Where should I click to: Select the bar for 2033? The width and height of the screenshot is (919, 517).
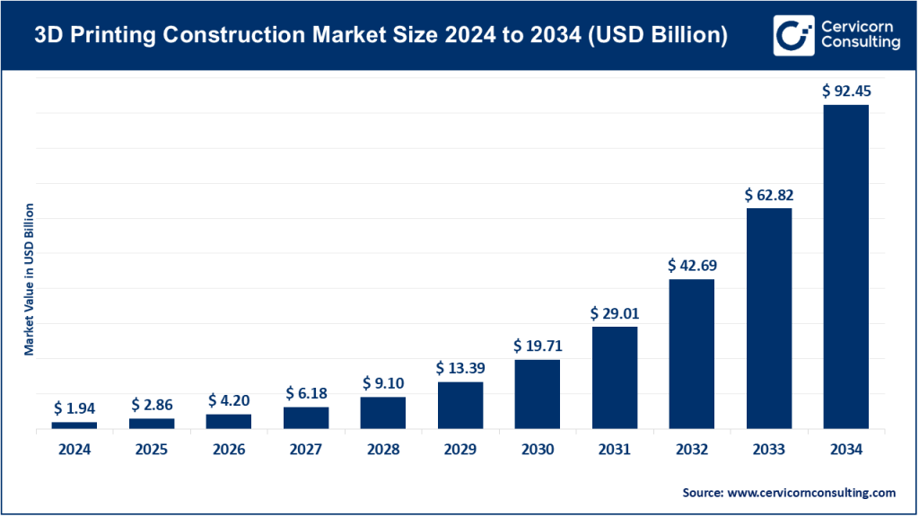[x=768, y=319]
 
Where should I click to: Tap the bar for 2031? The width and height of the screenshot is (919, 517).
[x=614, y=378]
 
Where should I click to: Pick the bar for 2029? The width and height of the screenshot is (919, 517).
[x=459, y=406]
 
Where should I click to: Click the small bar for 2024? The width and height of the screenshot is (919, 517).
[x=74, y=425]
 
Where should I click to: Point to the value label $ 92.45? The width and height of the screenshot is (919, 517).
[x=845, y=91]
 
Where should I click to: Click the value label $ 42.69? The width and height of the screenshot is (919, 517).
[x=691, y=266]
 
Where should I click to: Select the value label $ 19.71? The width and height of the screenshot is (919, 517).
[x=537, y=346]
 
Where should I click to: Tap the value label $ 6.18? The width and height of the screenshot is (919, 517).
[x=305, y=393]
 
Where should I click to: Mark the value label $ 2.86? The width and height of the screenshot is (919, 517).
[x=151, y=405]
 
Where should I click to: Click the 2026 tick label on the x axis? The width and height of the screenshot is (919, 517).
[x=228, y=451]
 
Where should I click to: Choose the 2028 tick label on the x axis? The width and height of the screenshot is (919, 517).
[x=382, y=451]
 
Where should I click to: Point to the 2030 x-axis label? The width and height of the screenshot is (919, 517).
[x=537, y=451]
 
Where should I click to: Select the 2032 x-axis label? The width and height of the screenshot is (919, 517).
[x=691, y=451]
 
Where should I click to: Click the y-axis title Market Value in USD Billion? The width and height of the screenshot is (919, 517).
[x=30, y=279]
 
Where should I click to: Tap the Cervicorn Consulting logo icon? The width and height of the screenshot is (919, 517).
[x=792, y=35]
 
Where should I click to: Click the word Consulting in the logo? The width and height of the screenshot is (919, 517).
[x=860, y=43]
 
